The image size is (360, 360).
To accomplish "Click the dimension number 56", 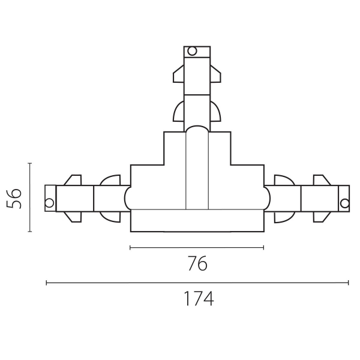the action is (x=14, y=199).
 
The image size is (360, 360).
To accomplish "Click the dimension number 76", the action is (x=197, y=263).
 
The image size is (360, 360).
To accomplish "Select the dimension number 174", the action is (x=199, y=298).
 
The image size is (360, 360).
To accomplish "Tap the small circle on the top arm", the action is (x=192, y=51).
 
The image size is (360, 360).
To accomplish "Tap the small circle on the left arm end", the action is (x=49, y=203).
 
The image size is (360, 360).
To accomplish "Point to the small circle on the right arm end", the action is (x=344, y=203).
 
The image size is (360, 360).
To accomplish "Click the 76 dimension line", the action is (x=197, y=247).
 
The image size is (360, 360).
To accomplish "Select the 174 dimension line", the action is (x=197, y=283).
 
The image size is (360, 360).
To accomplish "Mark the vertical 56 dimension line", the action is (x=30, y=197).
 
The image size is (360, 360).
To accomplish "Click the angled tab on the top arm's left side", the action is (x=179, y=74).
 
